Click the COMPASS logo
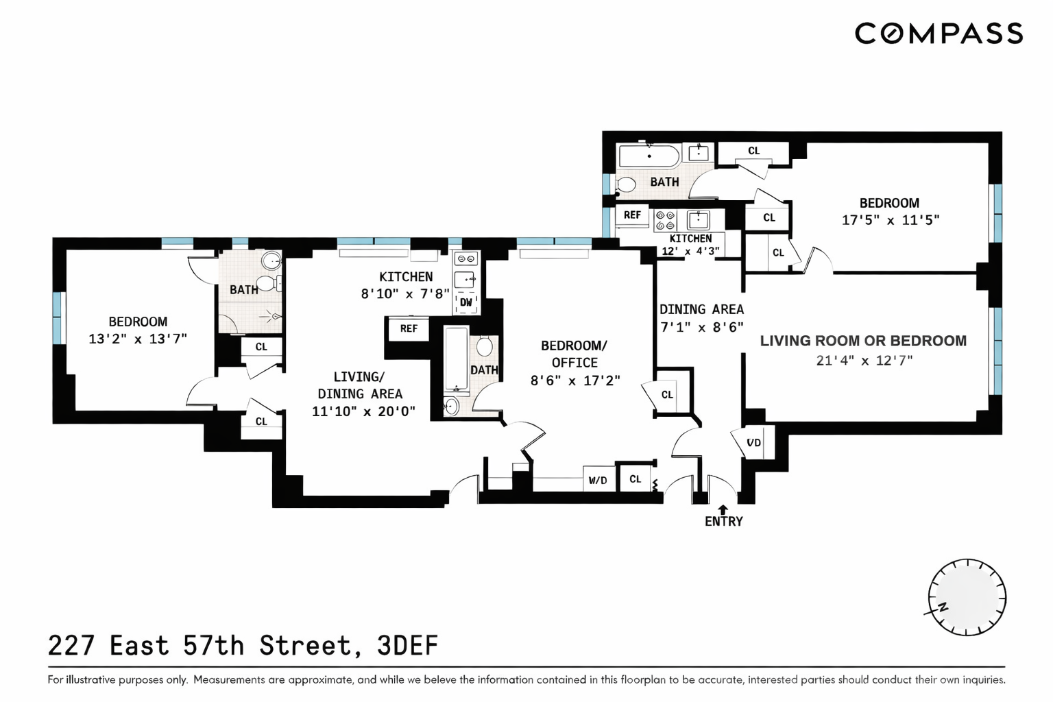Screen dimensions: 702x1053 (x=938, y=34)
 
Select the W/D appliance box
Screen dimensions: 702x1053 (x=598, y=480)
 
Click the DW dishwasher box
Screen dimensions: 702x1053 (x=466, y=302)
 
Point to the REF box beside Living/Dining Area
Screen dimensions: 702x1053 (x=409, y=329)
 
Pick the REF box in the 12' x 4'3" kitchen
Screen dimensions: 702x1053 (x=632, y=215)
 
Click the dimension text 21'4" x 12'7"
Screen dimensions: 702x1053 (x=864, y=361)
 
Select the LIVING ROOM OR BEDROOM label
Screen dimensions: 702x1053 (x=863, y=341)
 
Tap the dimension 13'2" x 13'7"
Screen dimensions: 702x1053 (x=138, y=339)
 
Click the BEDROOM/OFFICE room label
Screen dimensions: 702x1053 (x=574, y=354)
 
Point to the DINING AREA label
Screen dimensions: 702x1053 (x=701, y=310)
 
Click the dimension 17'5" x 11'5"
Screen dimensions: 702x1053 (x=890, y=220)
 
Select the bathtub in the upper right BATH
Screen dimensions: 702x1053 (x=649, y=156)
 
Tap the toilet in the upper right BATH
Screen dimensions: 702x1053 (x=625, y=184)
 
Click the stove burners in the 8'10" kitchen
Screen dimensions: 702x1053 (x=466, y=259)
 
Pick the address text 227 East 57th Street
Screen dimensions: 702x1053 (x=199, y=646)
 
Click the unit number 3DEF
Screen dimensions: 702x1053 (x=407, y=646)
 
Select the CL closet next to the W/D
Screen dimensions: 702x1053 (x=636, y=479)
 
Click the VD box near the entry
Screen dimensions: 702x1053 (x=753, y=443)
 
